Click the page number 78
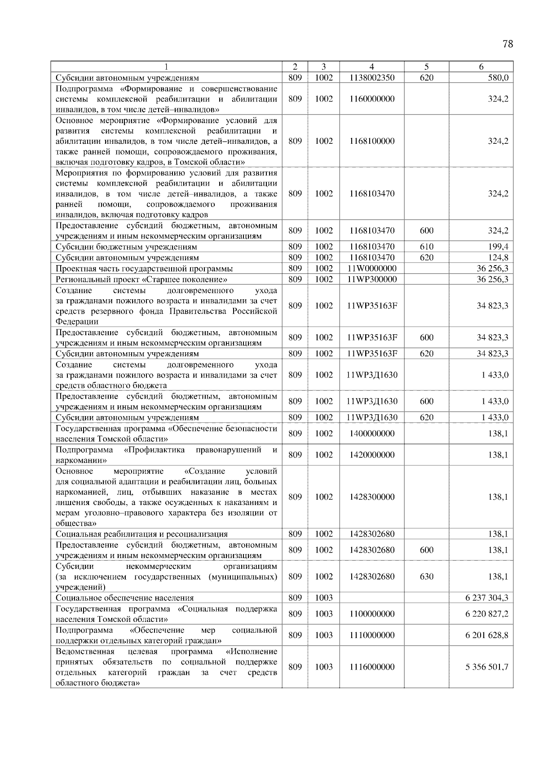coord(508,44)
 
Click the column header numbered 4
coord(371,67)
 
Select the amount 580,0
coord(498,78)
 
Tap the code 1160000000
coord(371,99)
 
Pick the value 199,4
coord(498,247)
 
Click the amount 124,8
coord(498,257)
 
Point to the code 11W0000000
coord(371,268)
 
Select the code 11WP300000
coord(371,279)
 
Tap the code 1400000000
coord(371,434)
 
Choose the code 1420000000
coord(371,455)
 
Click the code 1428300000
coord(371,497)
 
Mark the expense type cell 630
coord(426,577)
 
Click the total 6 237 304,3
coord(487,598)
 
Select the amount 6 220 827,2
coord(487,614)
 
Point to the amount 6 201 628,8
coord(487,635)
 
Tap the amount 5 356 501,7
coord(487,667)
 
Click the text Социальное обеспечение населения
coord(125,598)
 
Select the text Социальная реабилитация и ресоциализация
coord(141,534)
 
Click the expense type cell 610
coord(426,247)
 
